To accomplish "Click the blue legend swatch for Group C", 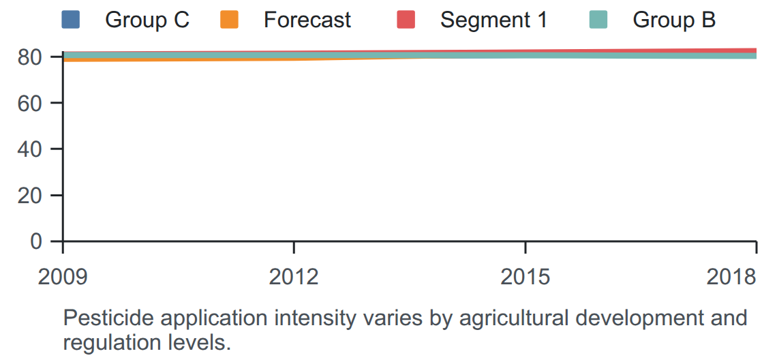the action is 70,19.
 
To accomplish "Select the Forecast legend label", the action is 307,20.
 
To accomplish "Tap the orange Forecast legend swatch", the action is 229,19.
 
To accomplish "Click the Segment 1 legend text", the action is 494,20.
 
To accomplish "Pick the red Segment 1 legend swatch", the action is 406,19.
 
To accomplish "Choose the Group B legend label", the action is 674,20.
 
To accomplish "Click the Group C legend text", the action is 147,20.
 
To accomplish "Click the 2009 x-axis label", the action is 63,277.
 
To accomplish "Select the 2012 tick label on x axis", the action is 294,277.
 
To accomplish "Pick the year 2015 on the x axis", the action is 525,277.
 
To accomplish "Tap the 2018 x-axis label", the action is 732,277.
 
